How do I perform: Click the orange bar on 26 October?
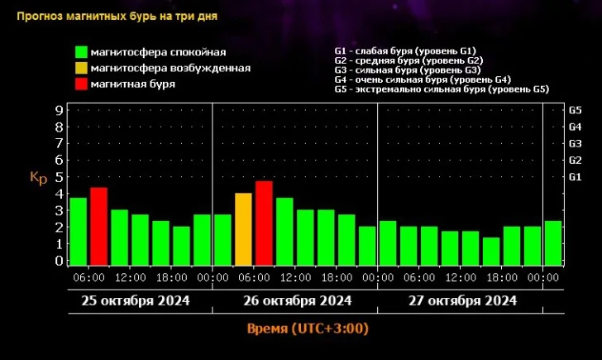[x=243, y=228]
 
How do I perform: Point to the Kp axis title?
[x=38, y=177]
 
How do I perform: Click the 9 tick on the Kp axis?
[x=59, y=109]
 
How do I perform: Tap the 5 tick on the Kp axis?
[x=59, y=177]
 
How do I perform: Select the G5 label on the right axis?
[x=576, y=109]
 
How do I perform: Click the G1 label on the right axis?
[x=576, y=177]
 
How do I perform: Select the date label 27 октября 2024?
[x=463, y=300]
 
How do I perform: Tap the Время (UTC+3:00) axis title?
[x=308, y=329]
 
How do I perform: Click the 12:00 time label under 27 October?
[x=461, y=278]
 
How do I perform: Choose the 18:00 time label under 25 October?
[x=173, y=278]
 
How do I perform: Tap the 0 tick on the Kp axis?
[x=59, y=261]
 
